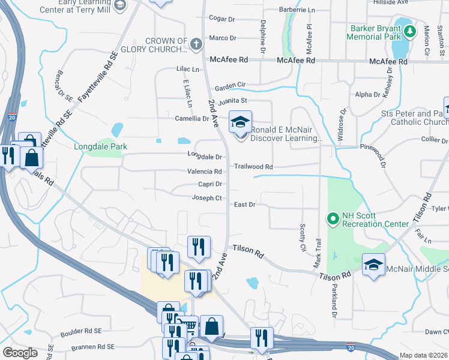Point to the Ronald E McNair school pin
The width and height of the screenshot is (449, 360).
[x=240, y=122]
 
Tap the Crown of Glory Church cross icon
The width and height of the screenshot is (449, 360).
[x=196, y=44]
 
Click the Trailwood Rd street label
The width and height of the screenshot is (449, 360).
[x=253, y=167]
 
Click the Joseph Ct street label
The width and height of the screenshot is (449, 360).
[x=207, y=198]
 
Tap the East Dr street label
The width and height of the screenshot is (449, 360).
[x=245, y=205]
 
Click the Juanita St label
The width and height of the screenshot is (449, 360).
[x=232, y=101]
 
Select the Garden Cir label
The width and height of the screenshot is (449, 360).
[x=231, y=85]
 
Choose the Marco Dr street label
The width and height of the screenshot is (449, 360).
[x=223, y=38]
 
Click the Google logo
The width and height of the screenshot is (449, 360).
[x=20, y=353]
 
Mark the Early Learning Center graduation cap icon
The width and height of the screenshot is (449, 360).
[x=120, y=5]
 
